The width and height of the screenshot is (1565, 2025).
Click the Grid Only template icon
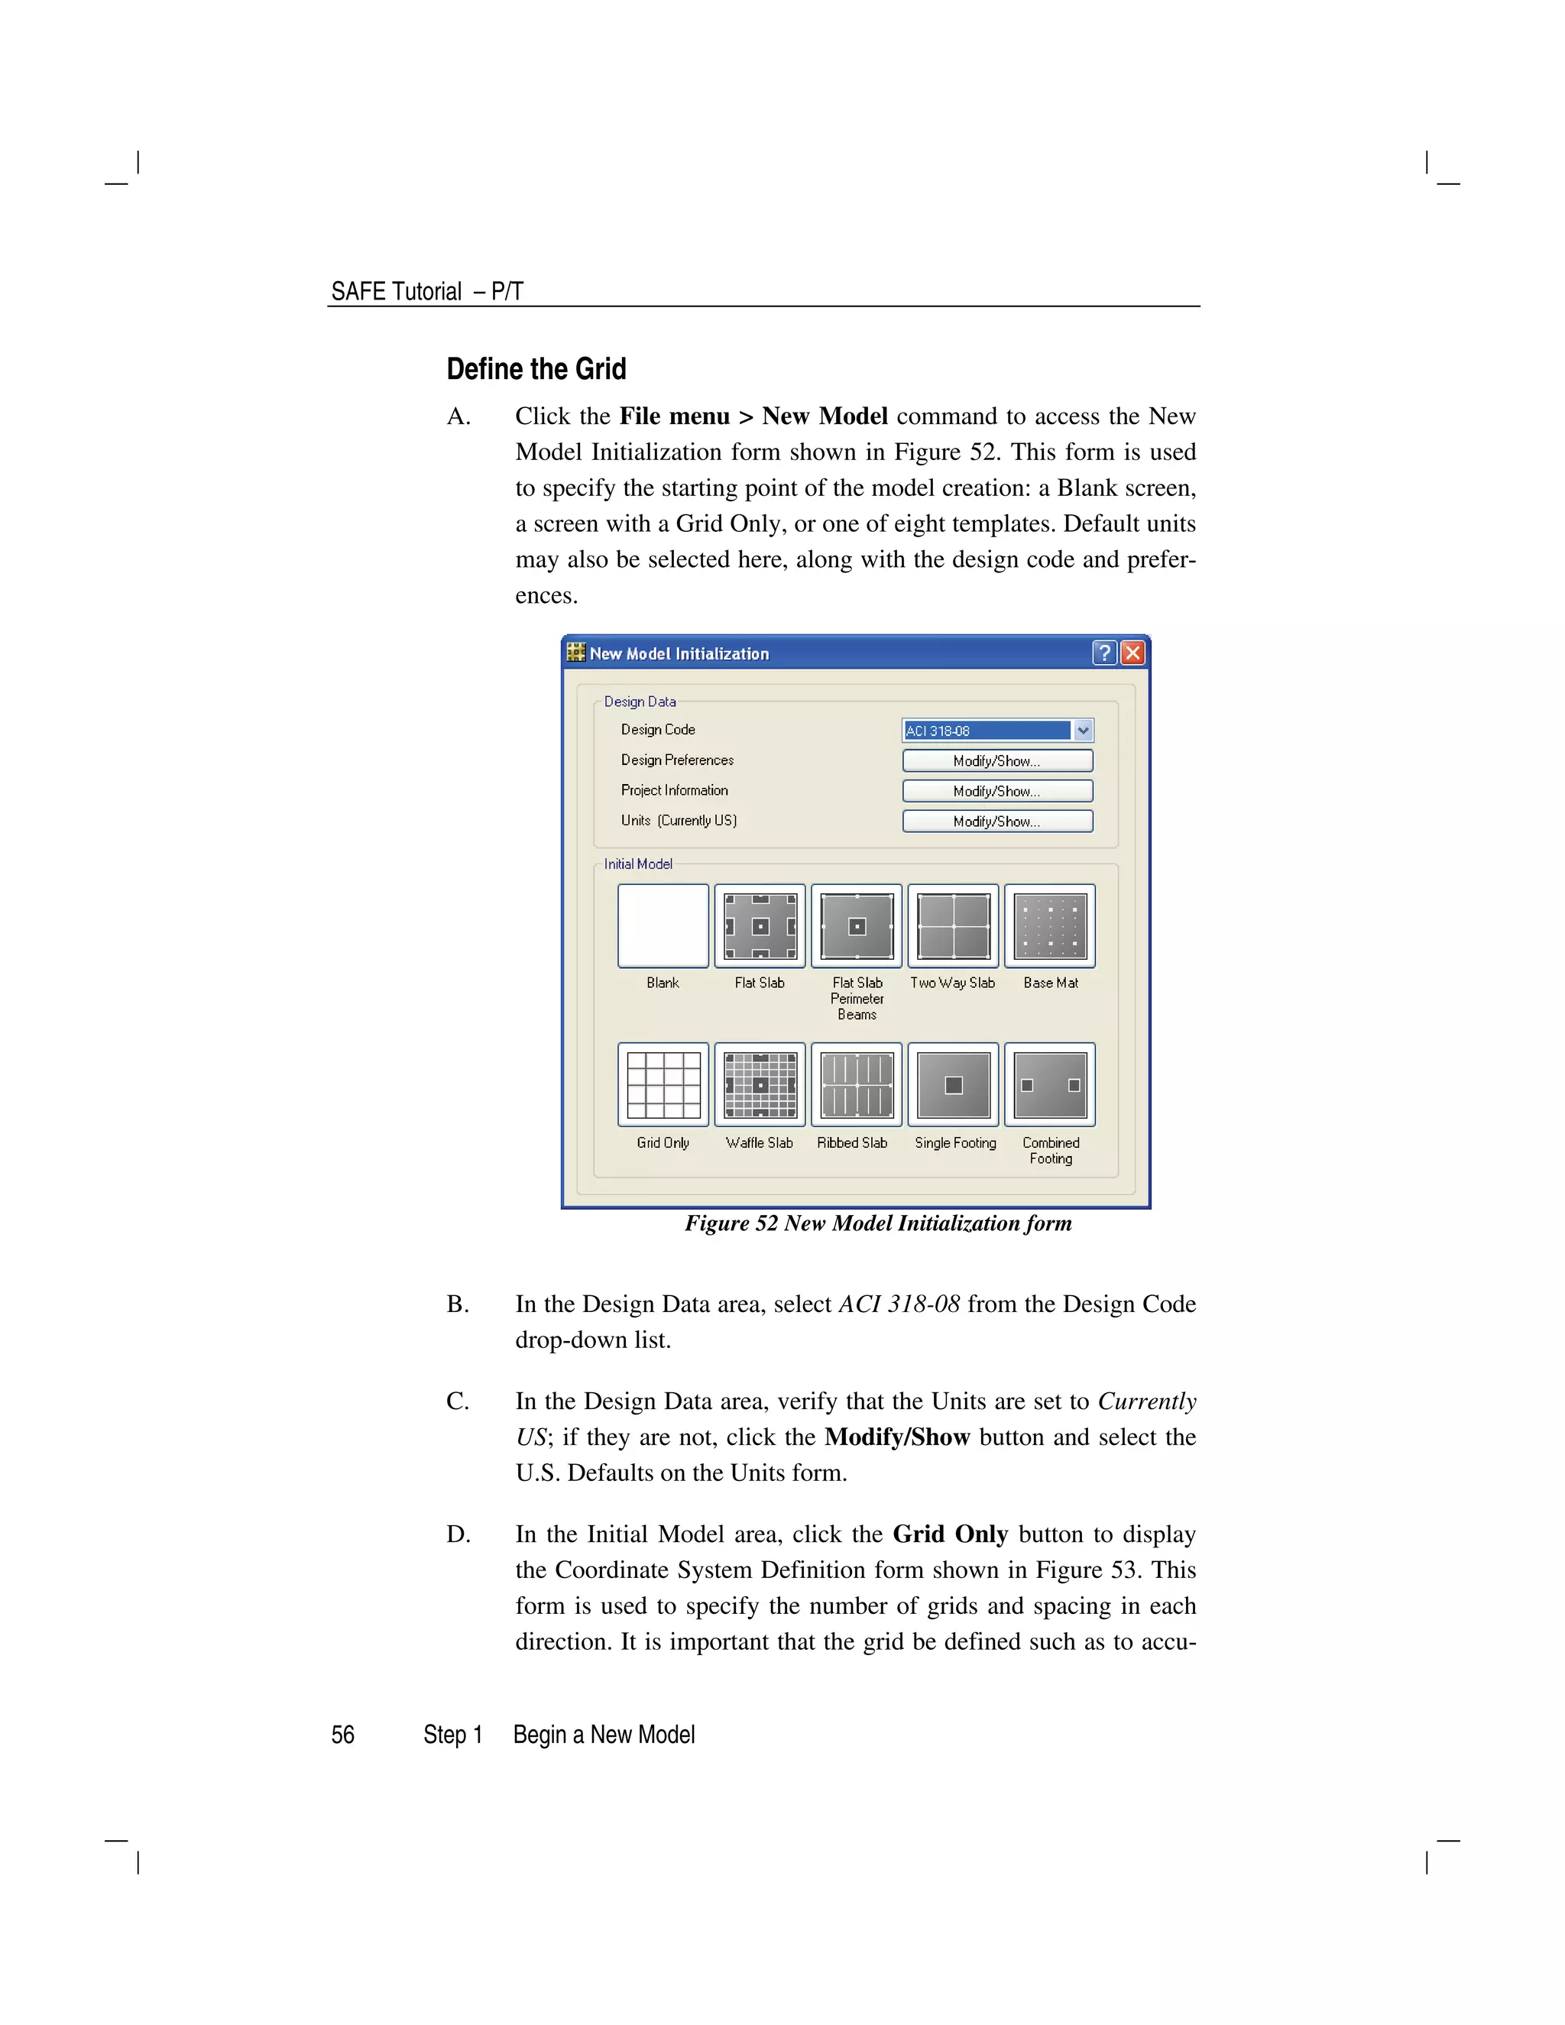(x=663, y=1085)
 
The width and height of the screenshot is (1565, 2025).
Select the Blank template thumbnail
(x=663, y=925)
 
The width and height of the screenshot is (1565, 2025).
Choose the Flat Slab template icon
(x=760, y=925)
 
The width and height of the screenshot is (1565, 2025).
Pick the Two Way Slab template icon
(x=953, y=925)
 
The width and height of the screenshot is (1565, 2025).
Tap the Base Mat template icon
(x=1049, y=925)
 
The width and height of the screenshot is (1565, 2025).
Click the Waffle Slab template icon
(x=760, y=1085)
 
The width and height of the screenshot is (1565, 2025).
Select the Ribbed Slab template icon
(x=857, y=1085)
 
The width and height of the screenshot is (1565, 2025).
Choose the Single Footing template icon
(x=953, y=1085)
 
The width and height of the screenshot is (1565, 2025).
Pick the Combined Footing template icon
(x=1049, y=1085)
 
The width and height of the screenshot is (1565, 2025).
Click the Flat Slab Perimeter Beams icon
(x=857, y=925)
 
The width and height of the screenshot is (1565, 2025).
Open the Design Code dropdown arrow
(x=1083, y=731)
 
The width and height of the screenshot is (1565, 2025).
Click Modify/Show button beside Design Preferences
(x=997, y=761)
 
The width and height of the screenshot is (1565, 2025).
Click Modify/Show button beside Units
(x=997, y=821)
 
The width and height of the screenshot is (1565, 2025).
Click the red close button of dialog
(x=1133, y=653)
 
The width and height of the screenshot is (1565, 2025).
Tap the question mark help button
(x=1104, y=653)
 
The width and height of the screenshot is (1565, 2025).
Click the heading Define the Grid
(x=536, y=369)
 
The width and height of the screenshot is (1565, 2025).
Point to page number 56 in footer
(x=343, y=1735)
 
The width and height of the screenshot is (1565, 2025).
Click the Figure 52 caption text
(x=878, y=1224)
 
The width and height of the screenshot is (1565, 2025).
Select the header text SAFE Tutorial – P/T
(x=426, y=291)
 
